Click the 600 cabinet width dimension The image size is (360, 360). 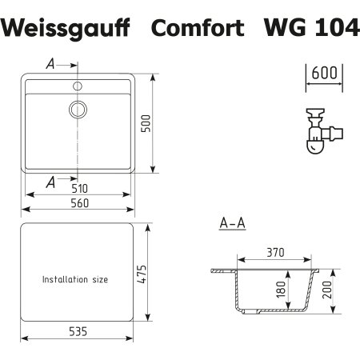point(323,73)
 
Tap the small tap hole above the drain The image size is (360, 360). point(78,83)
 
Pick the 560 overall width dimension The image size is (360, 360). point(77,204)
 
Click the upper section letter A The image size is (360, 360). point(50,65)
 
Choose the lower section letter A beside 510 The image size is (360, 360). point(50,183)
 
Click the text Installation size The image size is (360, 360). point(74,280)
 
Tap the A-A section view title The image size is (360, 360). point(232,225)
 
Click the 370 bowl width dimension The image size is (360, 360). point(275,253)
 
